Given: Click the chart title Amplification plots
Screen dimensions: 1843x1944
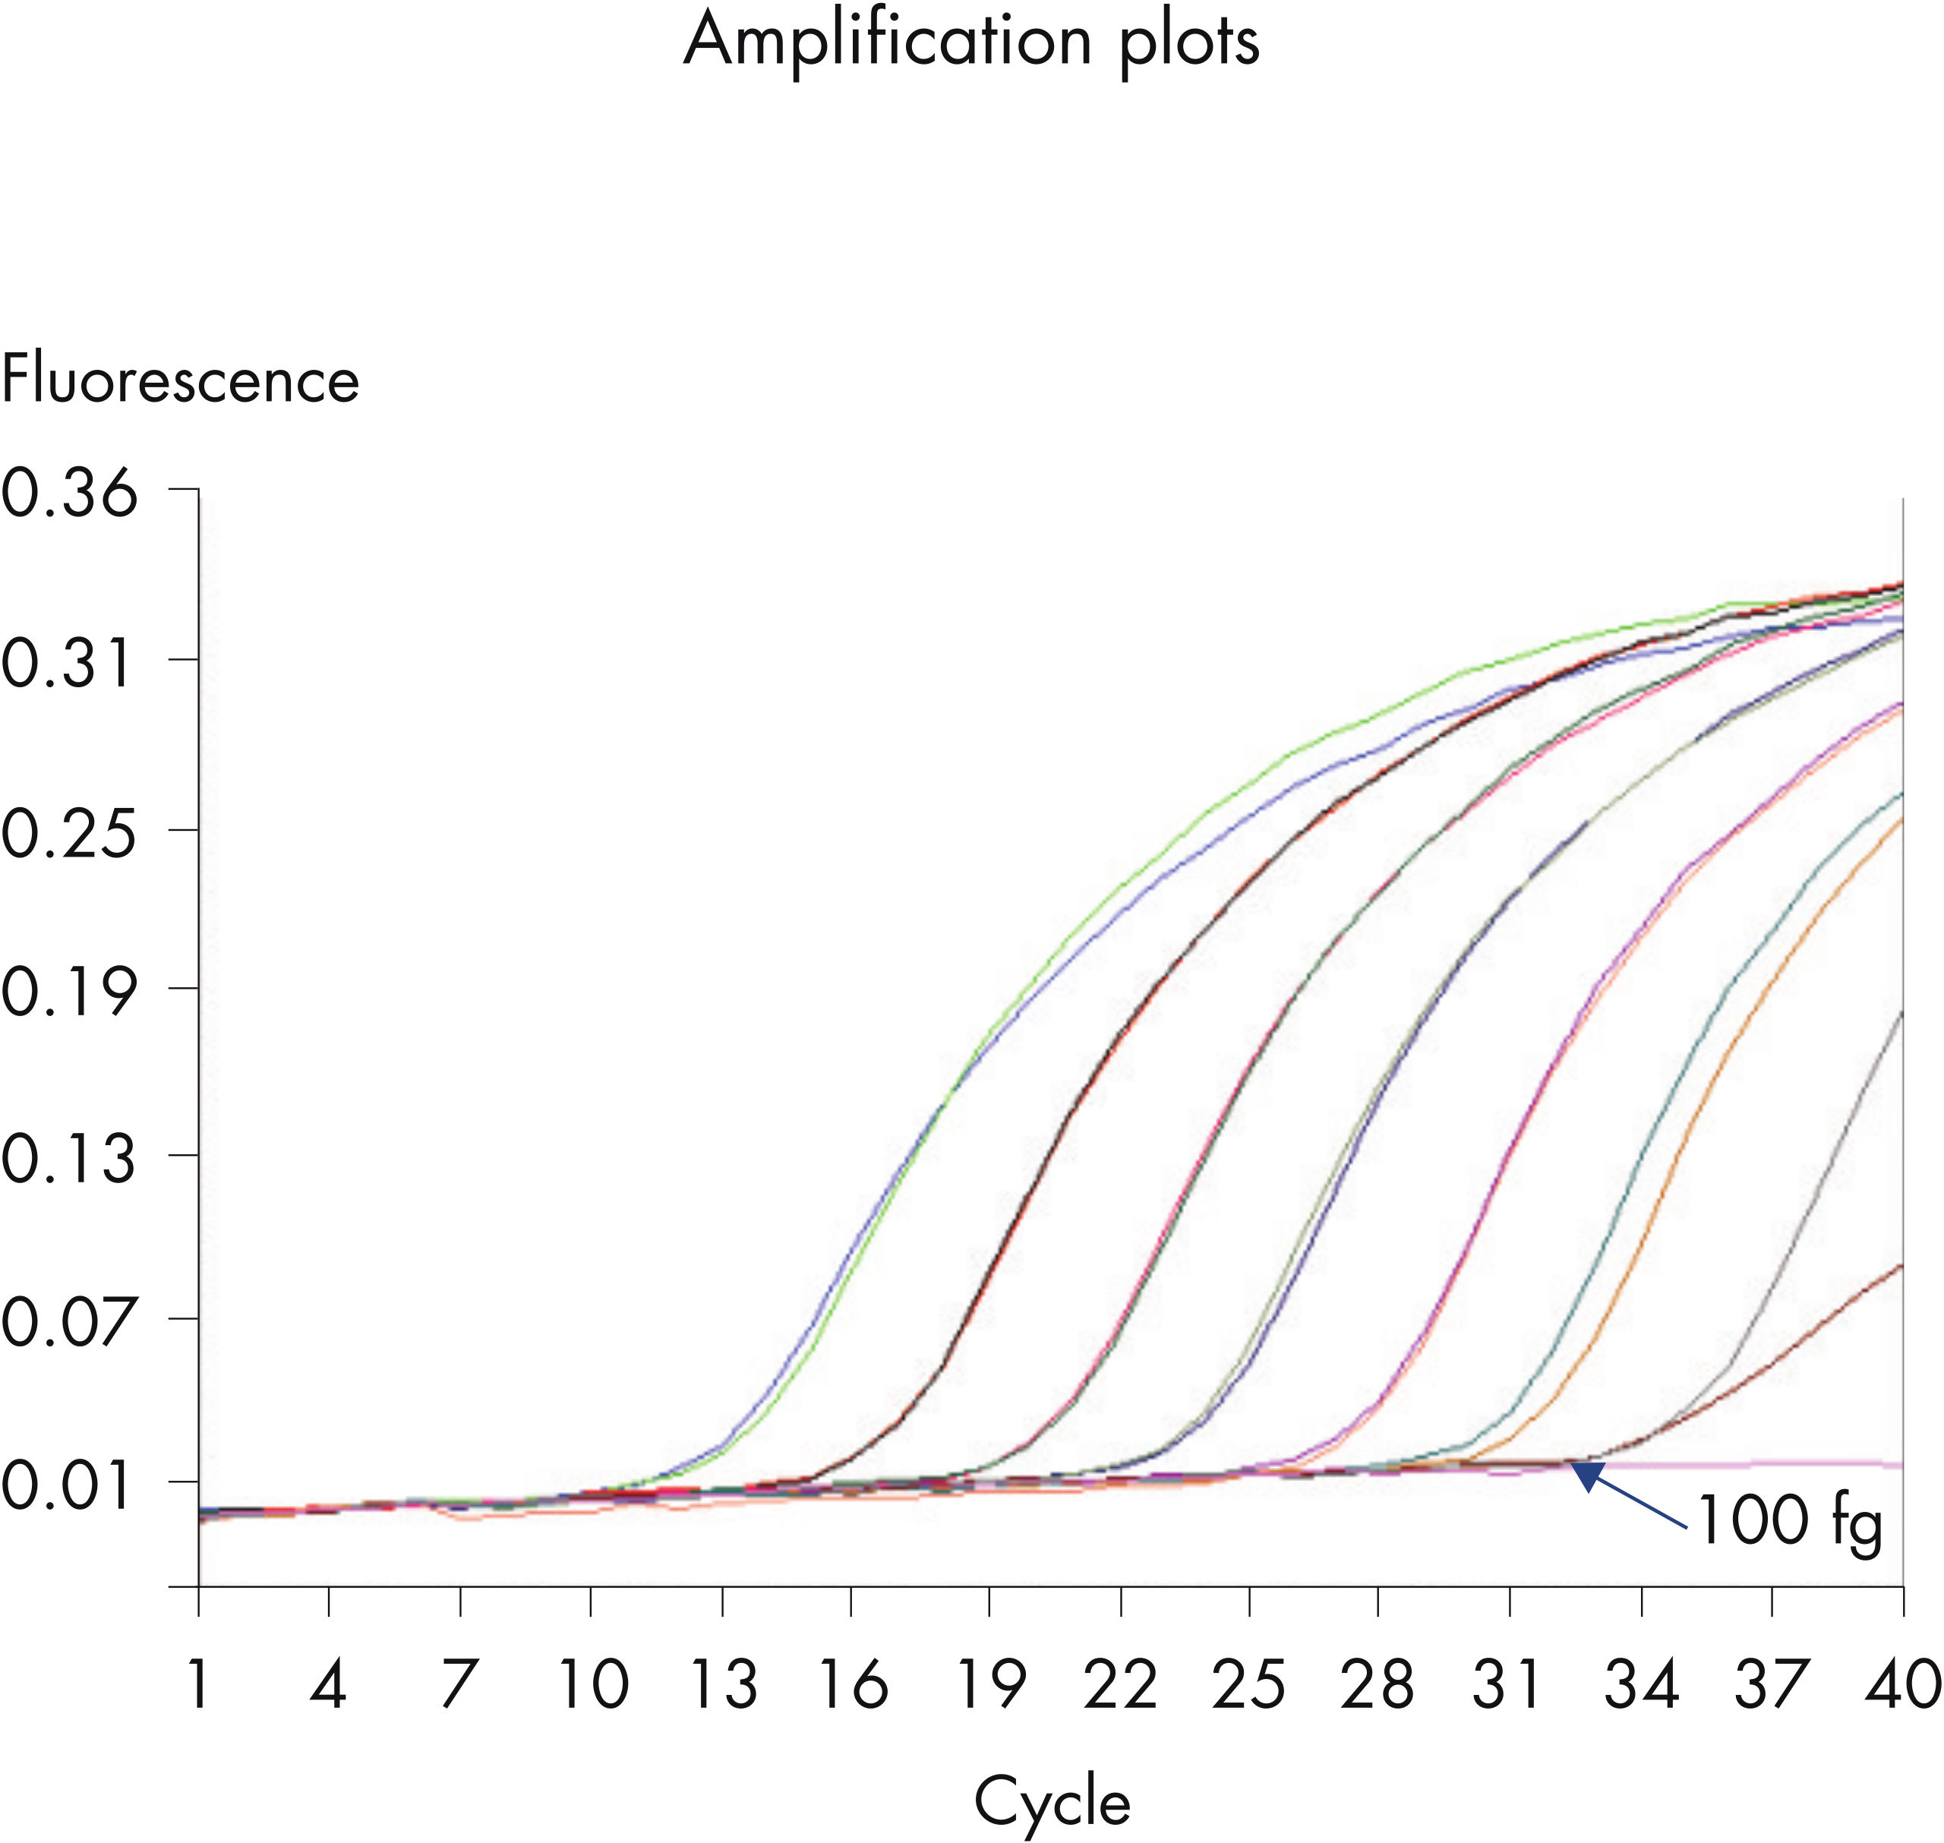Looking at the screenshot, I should click(970, 44).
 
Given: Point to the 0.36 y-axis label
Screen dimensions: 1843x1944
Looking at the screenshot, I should click(69, 492).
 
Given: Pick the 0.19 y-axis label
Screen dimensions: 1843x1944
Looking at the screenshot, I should click(67, 993).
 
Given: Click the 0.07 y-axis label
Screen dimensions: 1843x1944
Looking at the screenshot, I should click(69, 1324).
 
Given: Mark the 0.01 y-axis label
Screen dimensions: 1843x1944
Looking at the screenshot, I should click(67, 1488).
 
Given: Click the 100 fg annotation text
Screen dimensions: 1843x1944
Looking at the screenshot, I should click(1788, 1522).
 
